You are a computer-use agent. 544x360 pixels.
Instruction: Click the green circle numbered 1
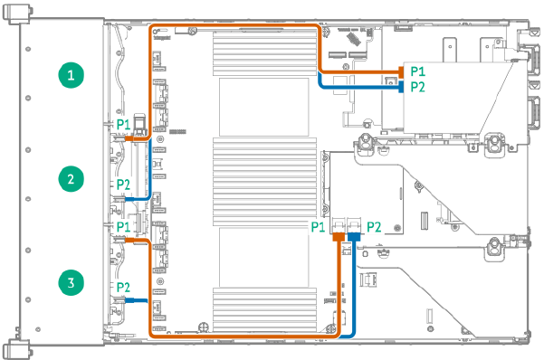[x=72, y=75]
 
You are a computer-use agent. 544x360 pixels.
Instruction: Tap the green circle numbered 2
[x=72, y=178]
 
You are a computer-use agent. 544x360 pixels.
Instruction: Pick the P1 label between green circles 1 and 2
[x=124, y=124]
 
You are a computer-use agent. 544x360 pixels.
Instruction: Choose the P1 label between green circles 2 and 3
[x=124, y=225]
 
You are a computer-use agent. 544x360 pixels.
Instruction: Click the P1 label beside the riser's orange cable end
[x=417, y=70]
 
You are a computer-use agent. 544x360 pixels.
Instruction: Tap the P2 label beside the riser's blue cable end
[x=417, y=87]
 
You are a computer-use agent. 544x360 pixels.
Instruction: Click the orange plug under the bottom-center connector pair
[x=339, y=238]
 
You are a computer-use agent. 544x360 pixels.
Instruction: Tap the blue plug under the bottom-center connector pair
[x=353, y=238]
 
